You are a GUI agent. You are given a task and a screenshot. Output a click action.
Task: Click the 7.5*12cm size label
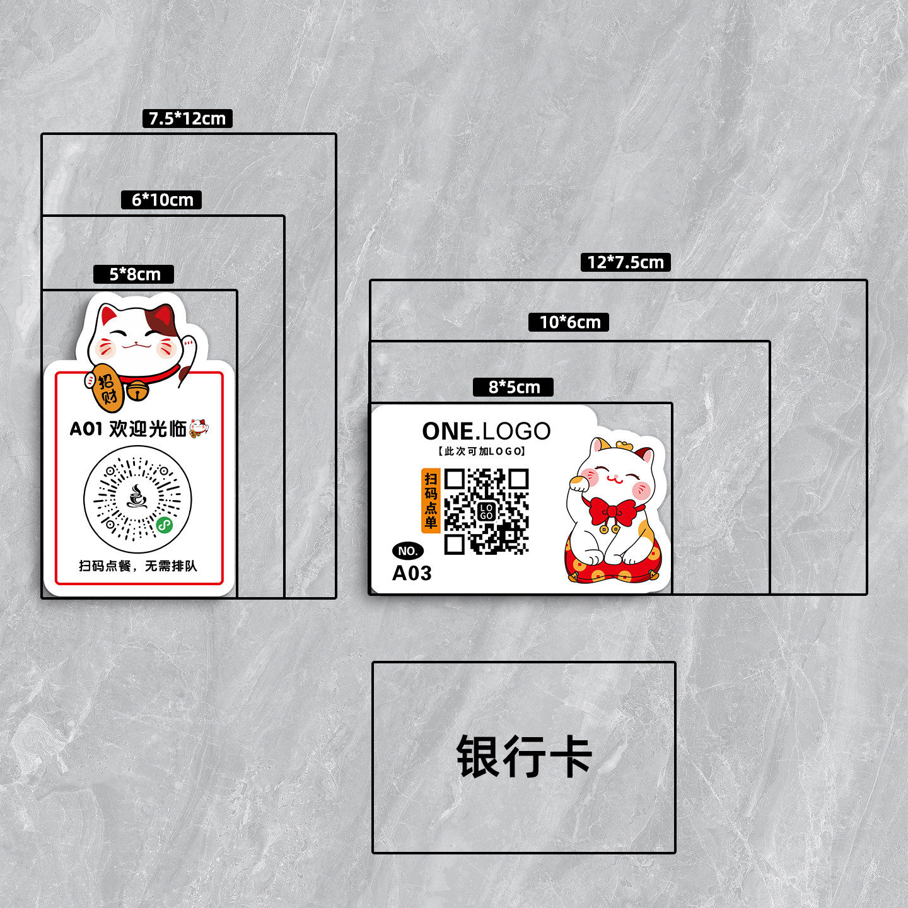pos(187,119)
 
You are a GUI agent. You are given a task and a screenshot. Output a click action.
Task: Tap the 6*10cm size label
pos(161,200)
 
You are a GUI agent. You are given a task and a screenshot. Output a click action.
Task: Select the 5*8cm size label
pos(134,274)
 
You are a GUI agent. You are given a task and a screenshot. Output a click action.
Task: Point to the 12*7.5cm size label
pos(625,262)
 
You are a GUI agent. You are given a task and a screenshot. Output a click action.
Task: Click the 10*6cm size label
pos(569,322)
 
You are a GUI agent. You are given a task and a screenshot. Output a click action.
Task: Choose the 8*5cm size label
pos(513,387)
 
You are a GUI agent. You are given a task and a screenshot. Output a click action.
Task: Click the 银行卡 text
pos(523,757)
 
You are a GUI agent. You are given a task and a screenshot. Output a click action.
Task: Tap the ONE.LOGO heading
pos(486,431)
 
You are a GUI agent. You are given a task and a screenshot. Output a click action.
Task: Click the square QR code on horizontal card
pos(486,511)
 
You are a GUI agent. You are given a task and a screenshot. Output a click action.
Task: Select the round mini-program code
pos(137,499)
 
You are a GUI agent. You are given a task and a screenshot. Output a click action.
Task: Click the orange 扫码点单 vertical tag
pos(431,501)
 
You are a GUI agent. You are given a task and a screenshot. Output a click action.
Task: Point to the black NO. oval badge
pos(408,551)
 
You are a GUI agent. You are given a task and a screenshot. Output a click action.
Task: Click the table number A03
pos(412,573)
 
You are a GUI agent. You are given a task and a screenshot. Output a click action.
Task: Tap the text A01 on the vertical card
pos(86,429)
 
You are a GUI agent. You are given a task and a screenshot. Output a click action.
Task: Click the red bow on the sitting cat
pos(612,511)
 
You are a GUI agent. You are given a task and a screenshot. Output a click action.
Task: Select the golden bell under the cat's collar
pos(137,392)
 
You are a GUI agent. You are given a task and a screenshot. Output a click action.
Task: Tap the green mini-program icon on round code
pos(165,525)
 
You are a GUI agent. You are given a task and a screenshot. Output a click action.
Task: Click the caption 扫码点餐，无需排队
pos(138,566)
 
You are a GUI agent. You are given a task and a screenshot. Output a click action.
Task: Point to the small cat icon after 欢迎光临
pos(199,428)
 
